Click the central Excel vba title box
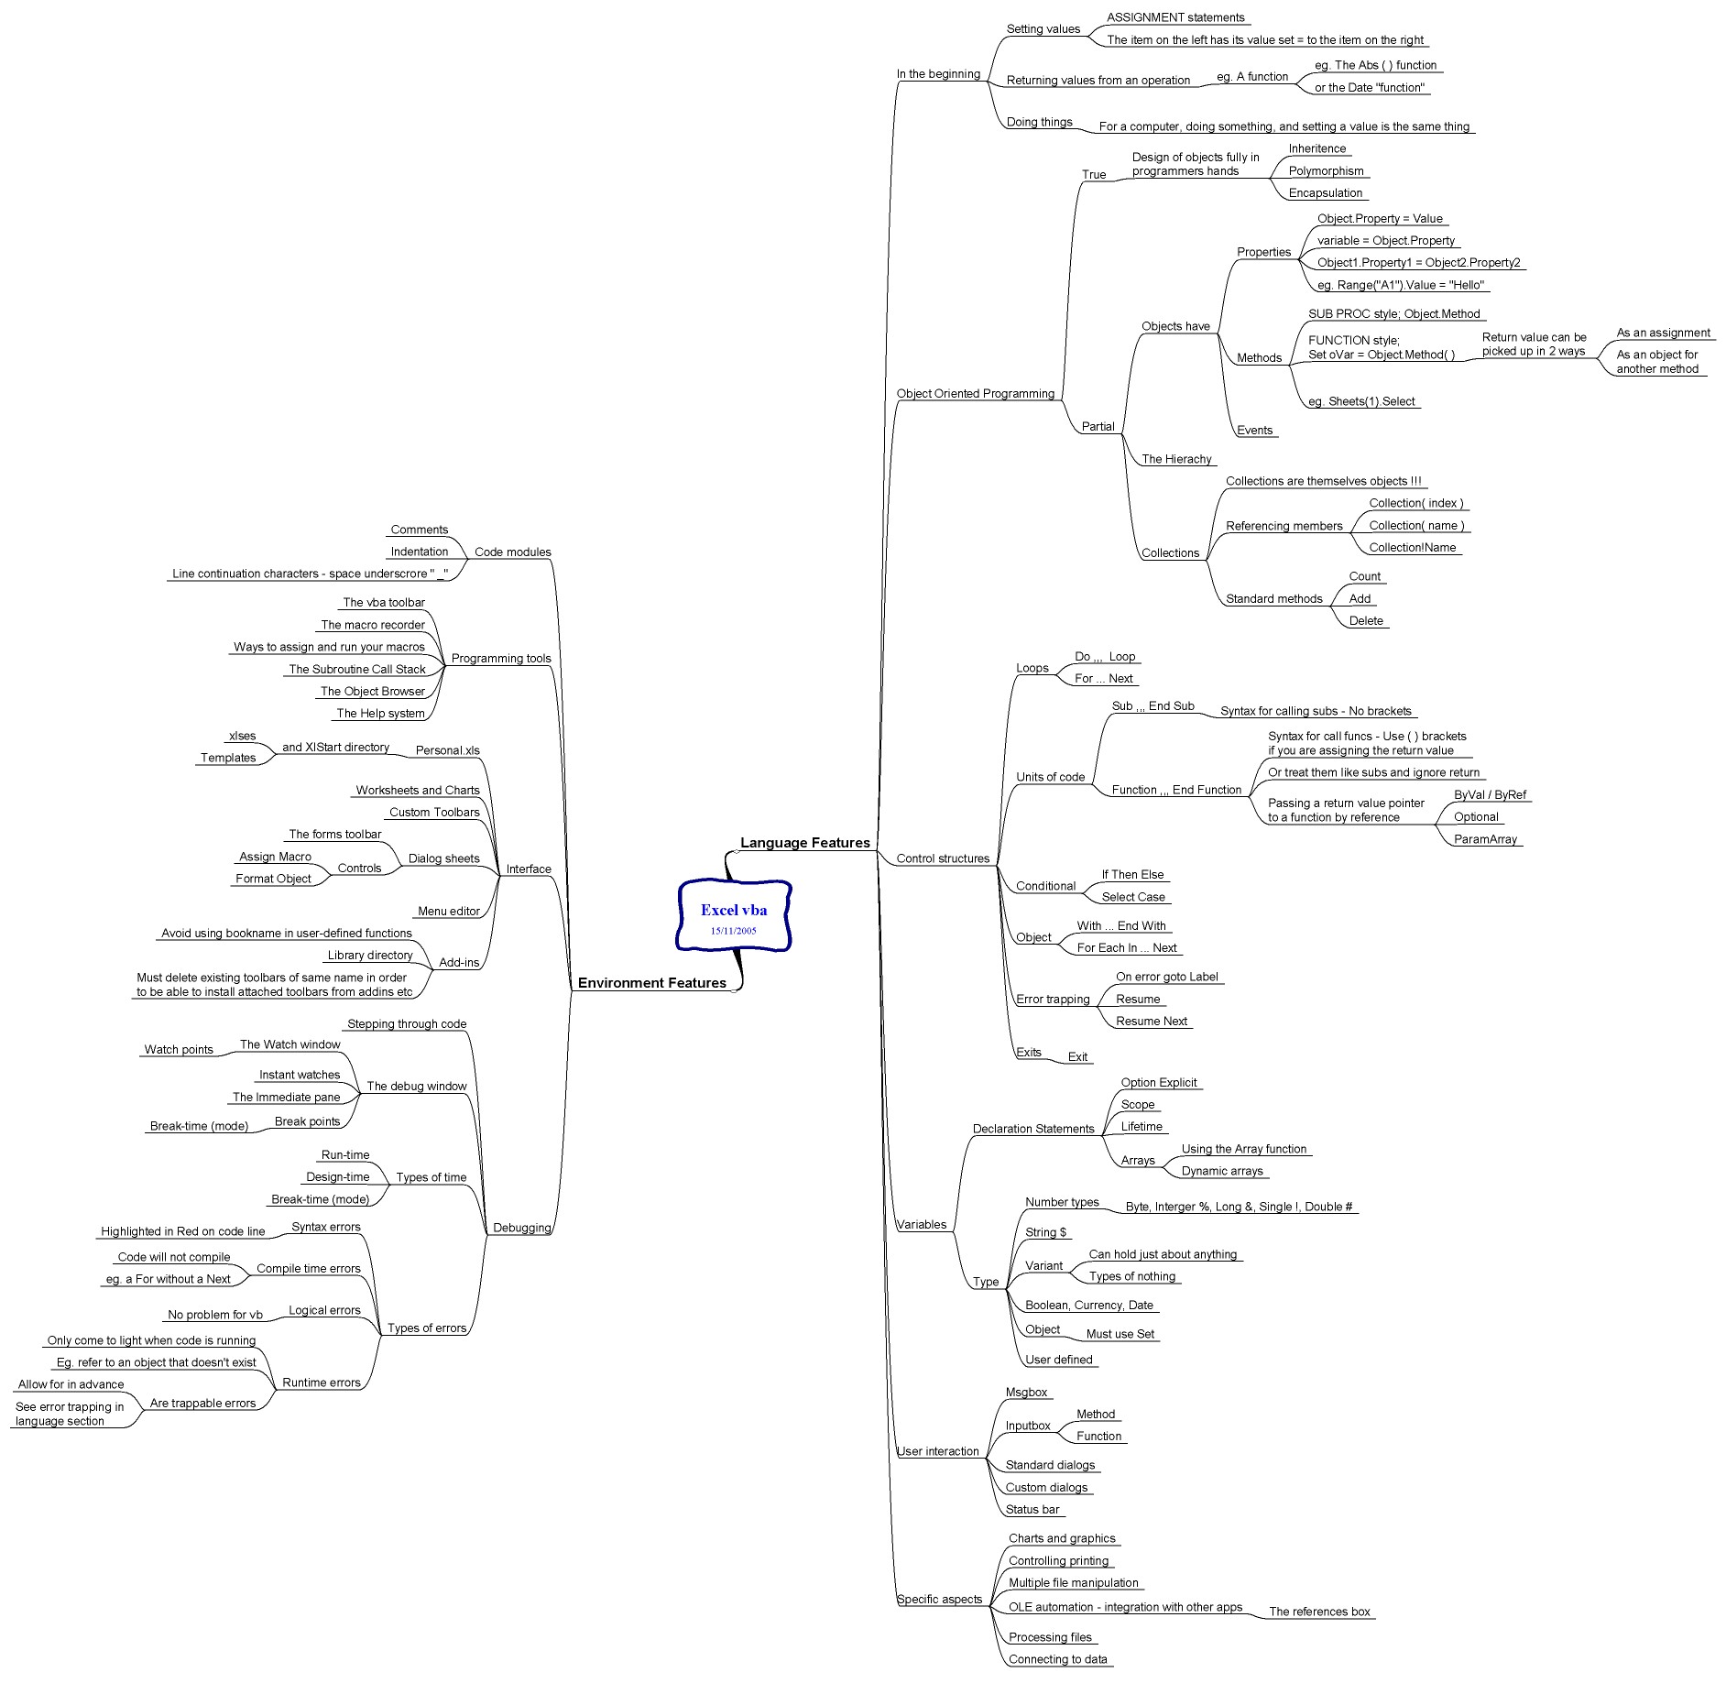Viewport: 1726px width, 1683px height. coord(734,915)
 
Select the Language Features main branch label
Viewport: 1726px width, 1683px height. coord(805,843)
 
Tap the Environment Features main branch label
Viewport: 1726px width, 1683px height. coord(652,983)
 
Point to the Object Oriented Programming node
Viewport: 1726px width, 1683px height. coord(976,394)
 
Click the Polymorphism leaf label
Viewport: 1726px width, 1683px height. coord(1326,171)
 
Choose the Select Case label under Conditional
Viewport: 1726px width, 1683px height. coord(1133,897)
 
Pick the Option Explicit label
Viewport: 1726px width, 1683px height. coord(1159,1083)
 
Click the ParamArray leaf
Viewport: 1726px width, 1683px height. coord(1485,839)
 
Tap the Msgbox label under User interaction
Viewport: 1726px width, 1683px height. coord(1026,1393)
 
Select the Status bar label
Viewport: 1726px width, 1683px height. coord(1032,1510)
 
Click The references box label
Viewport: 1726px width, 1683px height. coord(1319,1612)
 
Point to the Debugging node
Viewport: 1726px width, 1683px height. coord(522,1229)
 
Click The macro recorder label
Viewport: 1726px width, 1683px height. coord(373,625)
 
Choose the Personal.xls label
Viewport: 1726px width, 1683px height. coord(448,750)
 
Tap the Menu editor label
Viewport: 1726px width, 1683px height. coord(449,912)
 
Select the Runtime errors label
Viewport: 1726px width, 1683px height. coord(322,1382)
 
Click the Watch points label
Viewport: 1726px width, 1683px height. coord(179,1050)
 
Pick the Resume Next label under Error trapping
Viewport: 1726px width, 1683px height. coord(1152,1022)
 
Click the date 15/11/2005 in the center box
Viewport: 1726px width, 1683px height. coord(734,931)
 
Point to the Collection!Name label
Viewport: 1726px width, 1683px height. coord(1413,548)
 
